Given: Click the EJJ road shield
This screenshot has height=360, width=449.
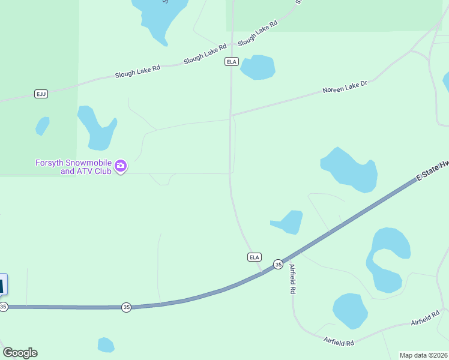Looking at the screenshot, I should tap(41, 94).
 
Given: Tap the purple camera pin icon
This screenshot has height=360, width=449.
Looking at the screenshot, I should tap(121, 166).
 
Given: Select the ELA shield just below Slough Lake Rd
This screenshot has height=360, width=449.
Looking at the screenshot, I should tap(231, 62).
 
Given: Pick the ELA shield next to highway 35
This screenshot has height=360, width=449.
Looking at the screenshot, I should tap(255, 257).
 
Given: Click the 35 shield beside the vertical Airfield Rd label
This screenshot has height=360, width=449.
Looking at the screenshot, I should tap(278, 264).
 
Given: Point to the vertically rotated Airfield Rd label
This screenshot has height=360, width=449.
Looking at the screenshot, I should tap(293, 279).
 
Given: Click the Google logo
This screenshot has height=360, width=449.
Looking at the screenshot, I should tap(20, 353).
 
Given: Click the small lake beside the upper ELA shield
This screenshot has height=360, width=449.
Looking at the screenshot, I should tap(258, 67).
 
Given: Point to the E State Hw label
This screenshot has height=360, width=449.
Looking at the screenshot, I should tap(433, 170).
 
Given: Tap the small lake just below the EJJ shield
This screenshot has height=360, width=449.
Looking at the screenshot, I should tap(42, 126).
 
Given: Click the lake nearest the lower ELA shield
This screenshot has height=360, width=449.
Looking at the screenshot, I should tap(290, 223).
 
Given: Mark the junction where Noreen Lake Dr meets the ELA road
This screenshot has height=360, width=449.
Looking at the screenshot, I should tap(231, 114).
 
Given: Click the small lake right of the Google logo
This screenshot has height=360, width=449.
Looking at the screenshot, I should tap(106, 345).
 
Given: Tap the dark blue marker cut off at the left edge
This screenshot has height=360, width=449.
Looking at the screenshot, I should tap(2, 284).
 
